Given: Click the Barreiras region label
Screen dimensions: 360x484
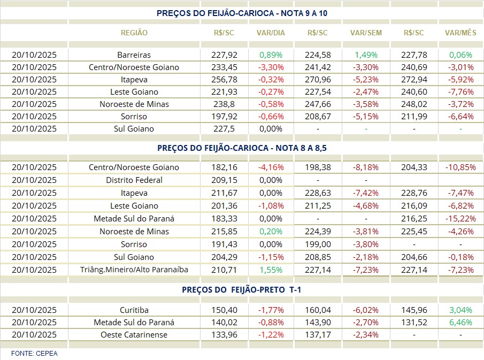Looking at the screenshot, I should (134, 55).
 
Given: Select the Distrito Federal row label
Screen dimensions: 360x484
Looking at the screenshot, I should (134, 180).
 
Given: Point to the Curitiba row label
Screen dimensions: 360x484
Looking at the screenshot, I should (134, 310).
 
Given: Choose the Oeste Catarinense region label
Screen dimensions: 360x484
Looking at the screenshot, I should (134, 335).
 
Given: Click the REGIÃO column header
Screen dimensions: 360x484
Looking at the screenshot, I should (134, 33).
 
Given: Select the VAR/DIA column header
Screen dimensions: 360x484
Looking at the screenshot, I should (271, 33).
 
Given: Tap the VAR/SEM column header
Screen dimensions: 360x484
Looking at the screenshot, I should (366, 33).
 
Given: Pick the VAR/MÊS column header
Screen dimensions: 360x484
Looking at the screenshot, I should (460, 33).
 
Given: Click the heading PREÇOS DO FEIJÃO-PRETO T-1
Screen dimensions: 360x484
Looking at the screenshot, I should (242, 289).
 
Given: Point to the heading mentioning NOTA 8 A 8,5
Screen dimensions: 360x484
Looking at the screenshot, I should (242, 148).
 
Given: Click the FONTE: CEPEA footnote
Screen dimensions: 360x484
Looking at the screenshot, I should (34, 353).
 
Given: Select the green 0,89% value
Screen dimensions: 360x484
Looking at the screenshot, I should (271, 55).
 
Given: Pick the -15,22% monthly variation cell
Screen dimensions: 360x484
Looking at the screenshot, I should (460, 219).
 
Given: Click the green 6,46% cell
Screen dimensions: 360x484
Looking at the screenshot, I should (460, 323).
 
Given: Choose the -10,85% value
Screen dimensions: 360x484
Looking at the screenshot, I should (460, 167).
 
